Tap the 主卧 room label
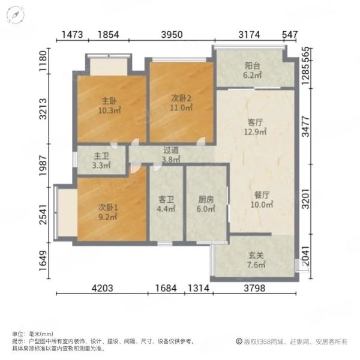click(109, 101)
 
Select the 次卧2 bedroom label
click(181, 98)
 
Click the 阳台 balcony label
click(253, 66)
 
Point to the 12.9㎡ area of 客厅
click(255, 132)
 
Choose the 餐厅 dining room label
click(262, 195)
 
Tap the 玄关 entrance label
click(256, 256)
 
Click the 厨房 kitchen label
click(206, 200)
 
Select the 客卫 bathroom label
click(166, 200)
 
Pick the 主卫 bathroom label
click(101, 157)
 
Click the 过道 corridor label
click(171, 151)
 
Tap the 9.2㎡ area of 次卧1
click(108, 217)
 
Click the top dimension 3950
click(172, 35)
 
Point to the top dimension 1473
click(73, 35)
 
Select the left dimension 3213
click(43, 109)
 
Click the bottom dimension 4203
click(103, 288)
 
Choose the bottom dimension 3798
click(254, 288)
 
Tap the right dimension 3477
click(305, 127)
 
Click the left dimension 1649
click(43, 260)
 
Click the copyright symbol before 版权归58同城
click(239, 341)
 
